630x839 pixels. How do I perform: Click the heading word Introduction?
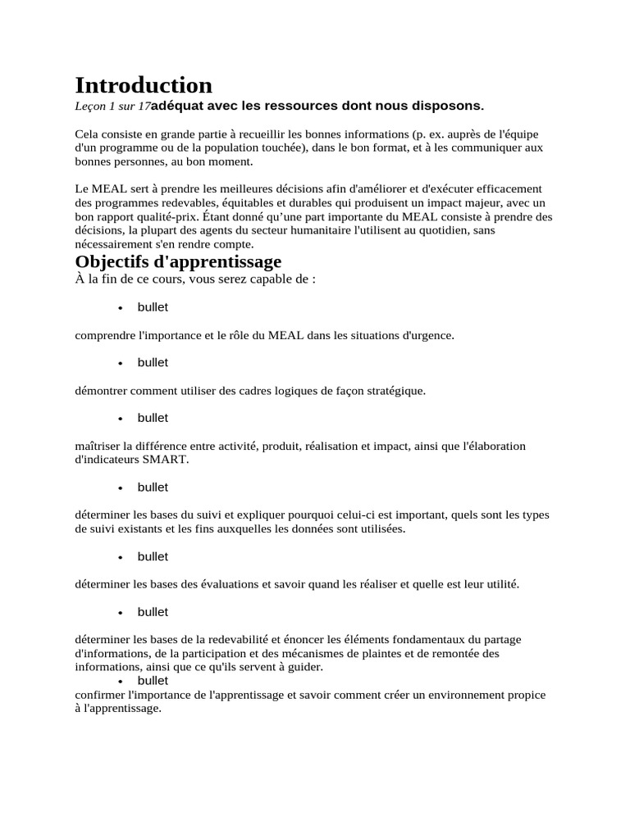click(x=144, y=85)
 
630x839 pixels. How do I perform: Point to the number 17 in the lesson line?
click(x=145, y=106)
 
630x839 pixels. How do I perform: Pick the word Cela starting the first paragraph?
click(x=86, y=134)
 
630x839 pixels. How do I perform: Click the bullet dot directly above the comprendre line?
click(x=121, y=308)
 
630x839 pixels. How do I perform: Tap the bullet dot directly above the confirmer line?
click(x=121, y=682)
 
